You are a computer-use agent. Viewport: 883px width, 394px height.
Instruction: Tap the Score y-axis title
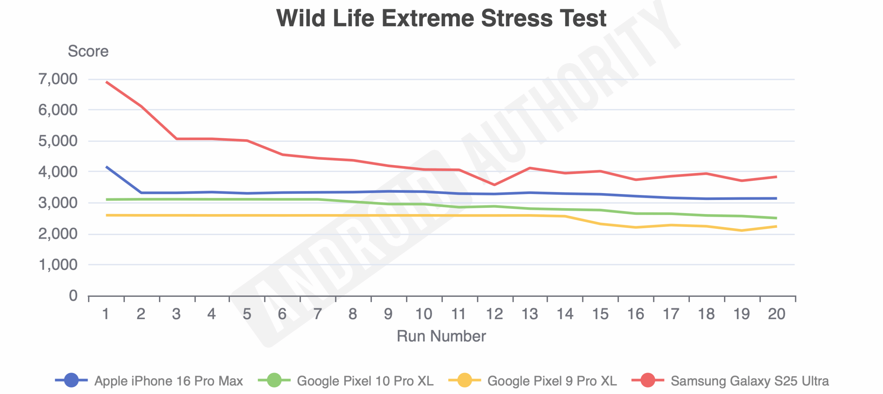tap(88, 51)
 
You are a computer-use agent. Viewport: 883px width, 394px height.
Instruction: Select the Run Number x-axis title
tap(441, 336)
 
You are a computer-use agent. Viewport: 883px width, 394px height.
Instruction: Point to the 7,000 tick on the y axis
tap(58, 79)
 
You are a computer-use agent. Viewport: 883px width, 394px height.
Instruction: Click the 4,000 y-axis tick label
tap(58, 172)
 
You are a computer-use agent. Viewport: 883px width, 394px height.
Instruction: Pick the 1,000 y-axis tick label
tap(58, 265)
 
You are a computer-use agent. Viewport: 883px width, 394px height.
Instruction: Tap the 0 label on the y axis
tap(73, 296)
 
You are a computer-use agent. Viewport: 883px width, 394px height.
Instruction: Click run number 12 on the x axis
tap(494, 314)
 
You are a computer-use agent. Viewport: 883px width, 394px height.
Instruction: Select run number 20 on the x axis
tap(776, 314)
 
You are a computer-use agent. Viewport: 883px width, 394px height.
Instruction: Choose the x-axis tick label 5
tap(247, 314)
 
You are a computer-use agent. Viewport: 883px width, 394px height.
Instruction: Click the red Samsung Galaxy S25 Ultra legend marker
tap(647, 380)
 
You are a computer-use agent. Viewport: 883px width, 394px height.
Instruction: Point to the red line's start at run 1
tap(106, 82)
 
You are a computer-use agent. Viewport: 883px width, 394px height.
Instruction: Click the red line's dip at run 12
tap(494, 185)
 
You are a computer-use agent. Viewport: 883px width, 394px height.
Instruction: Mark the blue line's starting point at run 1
tap(106, 167)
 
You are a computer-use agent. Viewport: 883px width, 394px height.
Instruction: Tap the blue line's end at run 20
tap(776, 198)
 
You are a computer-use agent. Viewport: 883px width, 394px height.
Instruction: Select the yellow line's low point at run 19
tap(741, 230)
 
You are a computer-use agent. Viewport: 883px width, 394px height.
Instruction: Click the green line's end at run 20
tap(776, 218)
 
